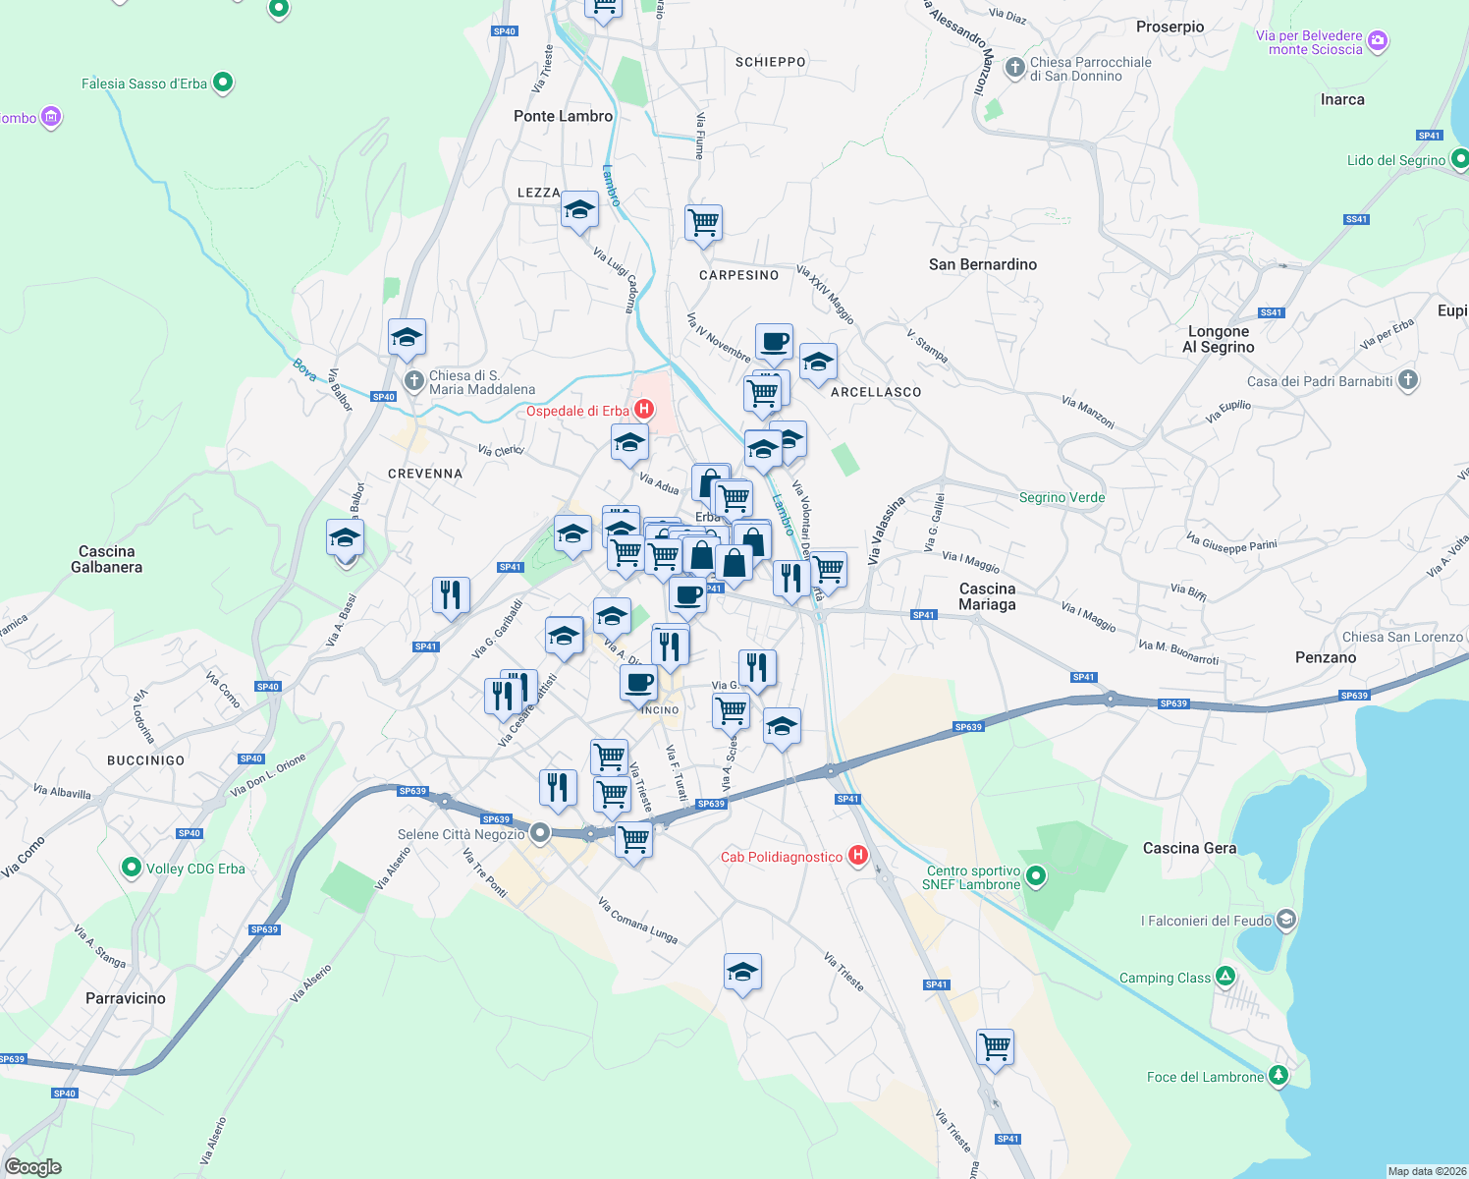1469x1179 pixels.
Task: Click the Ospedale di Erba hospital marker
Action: click(644, 410)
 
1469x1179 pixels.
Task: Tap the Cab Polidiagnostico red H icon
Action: click(858, 856)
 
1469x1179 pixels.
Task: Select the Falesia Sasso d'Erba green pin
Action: click(223, 83)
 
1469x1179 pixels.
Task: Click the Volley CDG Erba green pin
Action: click(131, 868)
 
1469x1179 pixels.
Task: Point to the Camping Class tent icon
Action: click(1224, 977)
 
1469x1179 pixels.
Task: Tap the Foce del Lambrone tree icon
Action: click(1278, 1076)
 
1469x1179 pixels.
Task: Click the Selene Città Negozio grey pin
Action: click(539, 834)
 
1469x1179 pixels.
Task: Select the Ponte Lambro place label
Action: click(563, 116)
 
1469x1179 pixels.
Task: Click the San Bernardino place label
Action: click(983, 264)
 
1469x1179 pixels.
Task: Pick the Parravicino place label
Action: click(126, 998)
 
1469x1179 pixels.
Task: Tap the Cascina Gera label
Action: click(1189, 848)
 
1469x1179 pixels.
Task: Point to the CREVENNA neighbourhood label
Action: click(425, 474)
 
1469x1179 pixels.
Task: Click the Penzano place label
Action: click(1326, 657)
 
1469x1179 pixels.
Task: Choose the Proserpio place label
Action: click(1170, 27)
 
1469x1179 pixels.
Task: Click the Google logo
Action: click(33, 1167)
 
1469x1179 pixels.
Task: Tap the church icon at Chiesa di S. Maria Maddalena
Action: click(414, 381)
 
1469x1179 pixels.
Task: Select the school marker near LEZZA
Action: click(579, 209)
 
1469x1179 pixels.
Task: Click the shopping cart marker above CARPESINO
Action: click(703, 223)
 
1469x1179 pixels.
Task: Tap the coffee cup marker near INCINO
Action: click(638, 682)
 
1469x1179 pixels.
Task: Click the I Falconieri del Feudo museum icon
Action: click(1286, 921)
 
